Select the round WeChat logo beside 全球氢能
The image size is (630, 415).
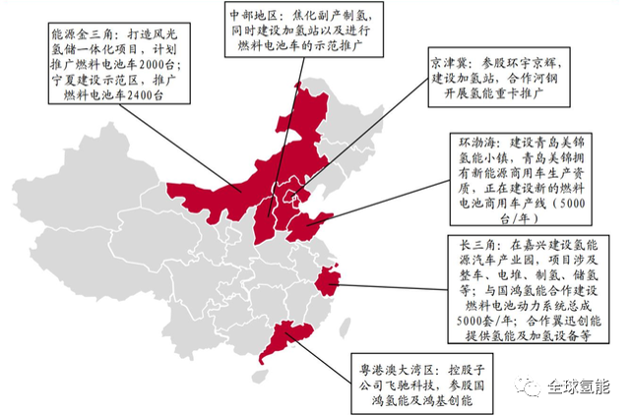[x=534, y=385]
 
